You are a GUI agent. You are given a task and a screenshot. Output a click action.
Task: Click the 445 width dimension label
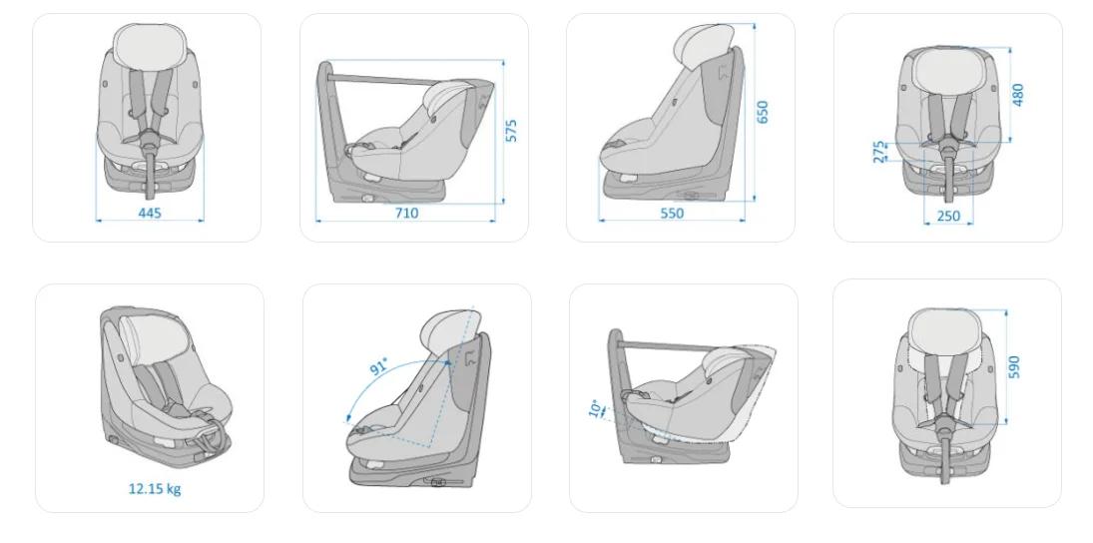tap(150, 213)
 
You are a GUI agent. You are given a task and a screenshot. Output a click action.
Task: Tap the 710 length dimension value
tap(407, 213)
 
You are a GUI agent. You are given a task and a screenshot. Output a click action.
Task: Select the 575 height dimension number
tap(512, 131)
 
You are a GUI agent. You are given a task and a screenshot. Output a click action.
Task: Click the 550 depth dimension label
tap(672, 213)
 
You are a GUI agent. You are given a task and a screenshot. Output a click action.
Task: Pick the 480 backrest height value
tap(1018, 94)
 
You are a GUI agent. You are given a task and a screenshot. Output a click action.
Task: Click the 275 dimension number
tap(879, 152)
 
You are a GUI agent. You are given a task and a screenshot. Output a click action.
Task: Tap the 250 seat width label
tap(948, 216)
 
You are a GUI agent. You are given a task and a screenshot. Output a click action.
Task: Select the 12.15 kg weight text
tap(155, 489)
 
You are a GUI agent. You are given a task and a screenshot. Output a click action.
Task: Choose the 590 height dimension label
tap(1013, 367)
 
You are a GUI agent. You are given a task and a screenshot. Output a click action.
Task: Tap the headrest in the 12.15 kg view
tap(155, 334)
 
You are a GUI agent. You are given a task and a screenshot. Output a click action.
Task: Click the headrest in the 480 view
tap(948, 71)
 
